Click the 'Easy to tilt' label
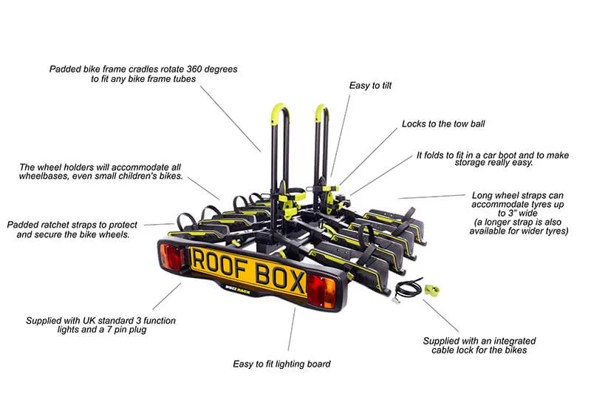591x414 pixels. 370,86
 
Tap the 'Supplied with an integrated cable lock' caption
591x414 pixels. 479,345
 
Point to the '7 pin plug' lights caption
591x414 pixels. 100,325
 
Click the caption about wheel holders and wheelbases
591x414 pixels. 100,172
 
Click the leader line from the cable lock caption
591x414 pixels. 441,316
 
